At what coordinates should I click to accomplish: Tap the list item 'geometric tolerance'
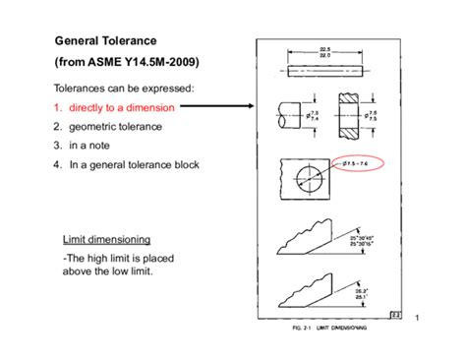pos(114,126)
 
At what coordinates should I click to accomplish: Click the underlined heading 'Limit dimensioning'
pos(105,239)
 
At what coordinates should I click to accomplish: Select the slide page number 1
pos(418,317)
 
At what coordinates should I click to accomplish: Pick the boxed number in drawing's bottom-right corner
pos(393,315)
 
